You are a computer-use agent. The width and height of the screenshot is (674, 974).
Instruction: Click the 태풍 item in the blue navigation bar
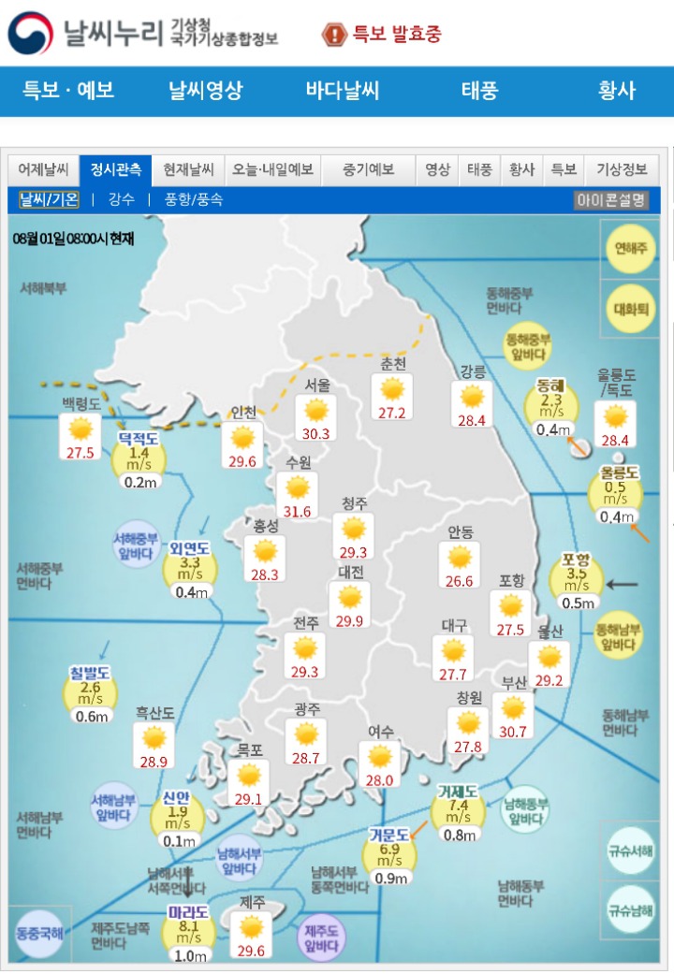coord(479,91)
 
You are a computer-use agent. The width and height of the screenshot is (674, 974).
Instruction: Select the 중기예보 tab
coord(368,170)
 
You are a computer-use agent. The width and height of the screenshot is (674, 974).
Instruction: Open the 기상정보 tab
coord(622,170)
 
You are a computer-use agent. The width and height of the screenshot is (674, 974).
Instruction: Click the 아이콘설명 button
coord(610,199)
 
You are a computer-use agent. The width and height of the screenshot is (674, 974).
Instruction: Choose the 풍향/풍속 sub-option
coord(194,199)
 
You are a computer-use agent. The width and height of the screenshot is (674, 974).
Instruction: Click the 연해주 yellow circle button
coord(630,249)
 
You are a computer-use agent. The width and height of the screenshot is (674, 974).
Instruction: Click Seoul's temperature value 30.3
coord(316,434)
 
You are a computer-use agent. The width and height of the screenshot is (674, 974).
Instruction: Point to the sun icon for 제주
coord(251,927)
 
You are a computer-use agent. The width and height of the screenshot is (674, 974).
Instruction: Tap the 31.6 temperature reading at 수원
coord(298,511)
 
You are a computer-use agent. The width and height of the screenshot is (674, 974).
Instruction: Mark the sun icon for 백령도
coord(81,429)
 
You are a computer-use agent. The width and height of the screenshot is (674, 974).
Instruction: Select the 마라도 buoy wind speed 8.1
coord(188,925)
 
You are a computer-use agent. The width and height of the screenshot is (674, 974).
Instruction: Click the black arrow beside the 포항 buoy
coord(623,585)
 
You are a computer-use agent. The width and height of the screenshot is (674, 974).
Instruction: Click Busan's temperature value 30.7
coord(513,732)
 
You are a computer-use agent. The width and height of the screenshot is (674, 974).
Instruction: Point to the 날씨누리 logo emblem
coord(30,34)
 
